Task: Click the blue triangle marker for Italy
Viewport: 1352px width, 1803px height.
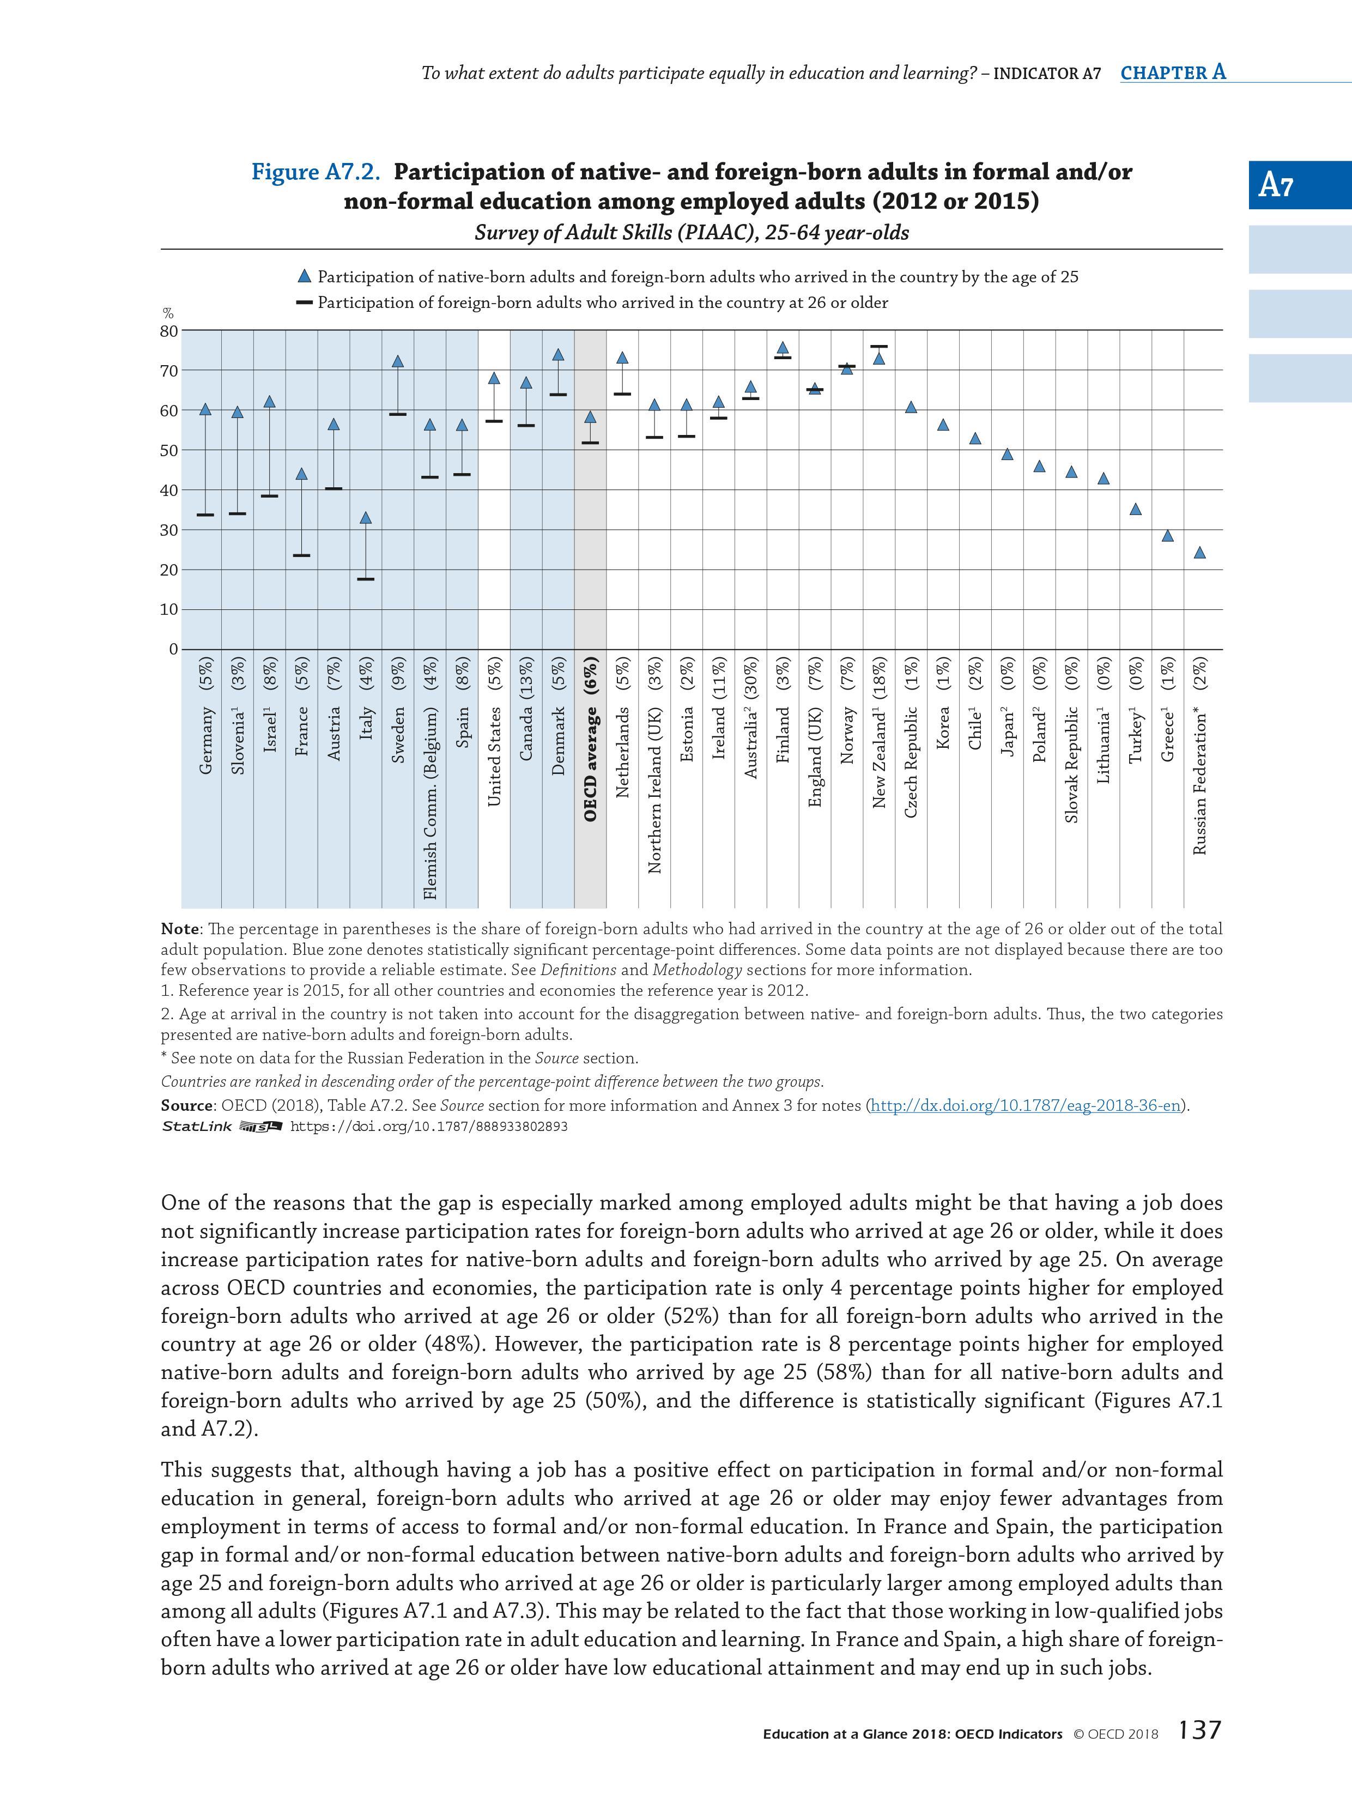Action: [x=366, y=518]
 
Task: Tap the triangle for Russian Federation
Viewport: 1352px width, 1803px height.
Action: [x=1199, y=553]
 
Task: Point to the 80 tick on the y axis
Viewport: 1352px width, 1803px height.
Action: [x=169, y=331]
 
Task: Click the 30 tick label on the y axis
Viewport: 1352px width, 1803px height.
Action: [x=169, y=530]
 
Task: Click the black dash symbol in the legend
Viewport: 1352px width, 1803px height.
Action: [x=304, y=302]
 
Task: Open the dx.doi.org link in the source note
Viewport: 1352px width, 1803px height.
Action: [x=1027, y=1105]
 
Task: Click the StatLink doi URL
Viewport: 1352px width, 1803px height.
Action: [x=429, y=1127]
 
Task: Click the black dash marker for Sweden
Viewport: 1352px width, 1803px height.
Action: [x=398, y=414]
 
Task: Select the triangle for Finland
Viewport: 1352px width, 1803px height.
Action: [x=783, y=348]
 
